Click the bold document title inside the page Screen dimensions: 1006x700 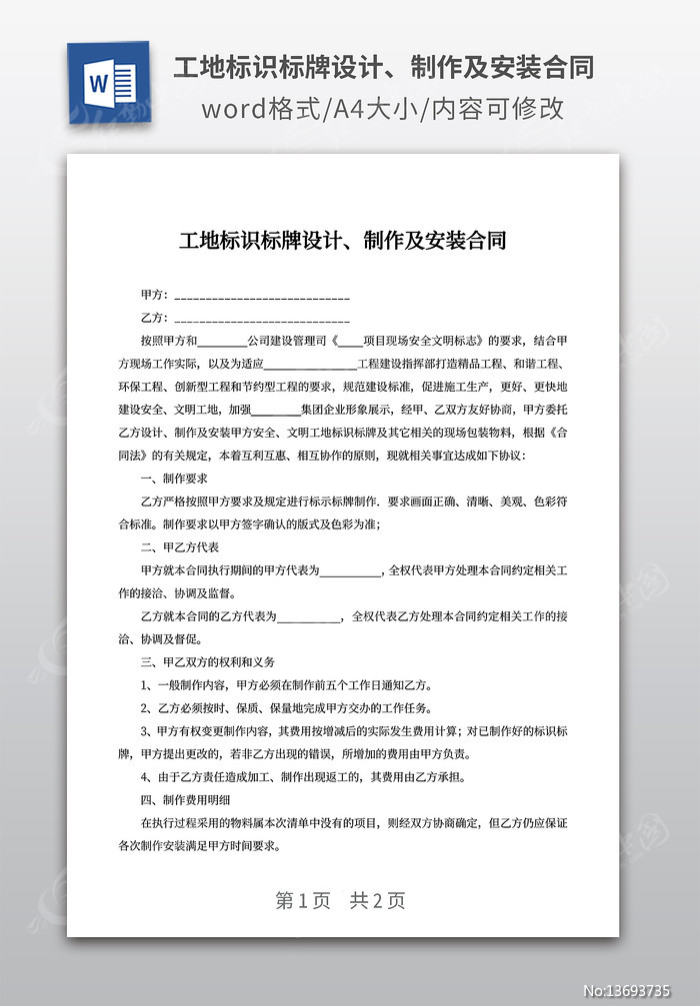[342, 241]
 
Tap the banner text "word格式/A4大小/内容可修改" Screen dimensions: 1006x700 [383, 109]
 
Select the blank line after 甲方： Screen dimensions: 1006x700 [262, 297]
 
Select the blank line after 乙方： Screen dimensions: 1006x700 [262, 319]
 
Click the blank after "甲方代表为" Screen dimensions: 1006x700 [351, 572]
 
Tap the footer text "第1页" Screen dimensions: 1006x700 [302, 900]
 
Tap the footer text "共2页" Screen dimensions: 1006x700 [377, 900]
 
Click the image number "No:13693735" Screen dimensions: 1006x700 [640, 991]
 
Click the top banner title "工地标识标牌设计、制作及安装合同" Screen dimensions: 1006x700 [383, 68]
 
